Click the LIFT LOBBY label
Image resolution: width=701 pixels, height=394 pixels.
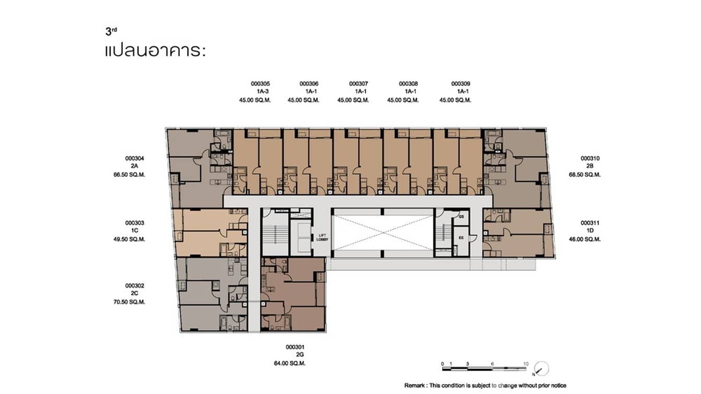point(323,237)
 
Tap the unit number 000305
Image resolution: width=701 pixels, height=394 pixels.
point(260,84)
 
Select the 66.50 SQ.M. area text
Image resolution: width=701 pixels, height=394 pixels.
point(134,175)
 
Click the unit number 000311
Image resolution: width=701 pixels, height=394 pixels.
point(590,223)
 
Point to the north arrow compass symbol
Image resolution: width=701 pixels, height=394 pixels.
point(542,368)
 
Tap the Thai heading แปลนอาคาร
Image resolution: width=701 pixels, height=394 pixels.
point(155,52)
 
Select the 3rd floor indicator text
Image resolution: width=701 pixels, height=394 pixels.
point(110,32)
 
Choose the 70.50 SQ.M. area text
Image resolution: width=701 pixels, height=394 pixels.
point(134,302)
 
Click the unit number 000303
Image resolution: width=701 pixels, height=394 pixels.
point(134,223)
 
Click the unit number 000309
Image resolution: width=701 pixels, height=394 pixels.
point(461,84)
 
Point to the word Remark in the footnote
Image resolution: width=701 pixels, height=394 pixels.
point(415,386)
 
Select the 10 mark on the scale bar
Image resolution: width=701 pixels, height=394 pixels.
point(526,363)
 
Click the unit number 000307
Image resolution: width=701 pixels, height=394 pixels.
point(358,84)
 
